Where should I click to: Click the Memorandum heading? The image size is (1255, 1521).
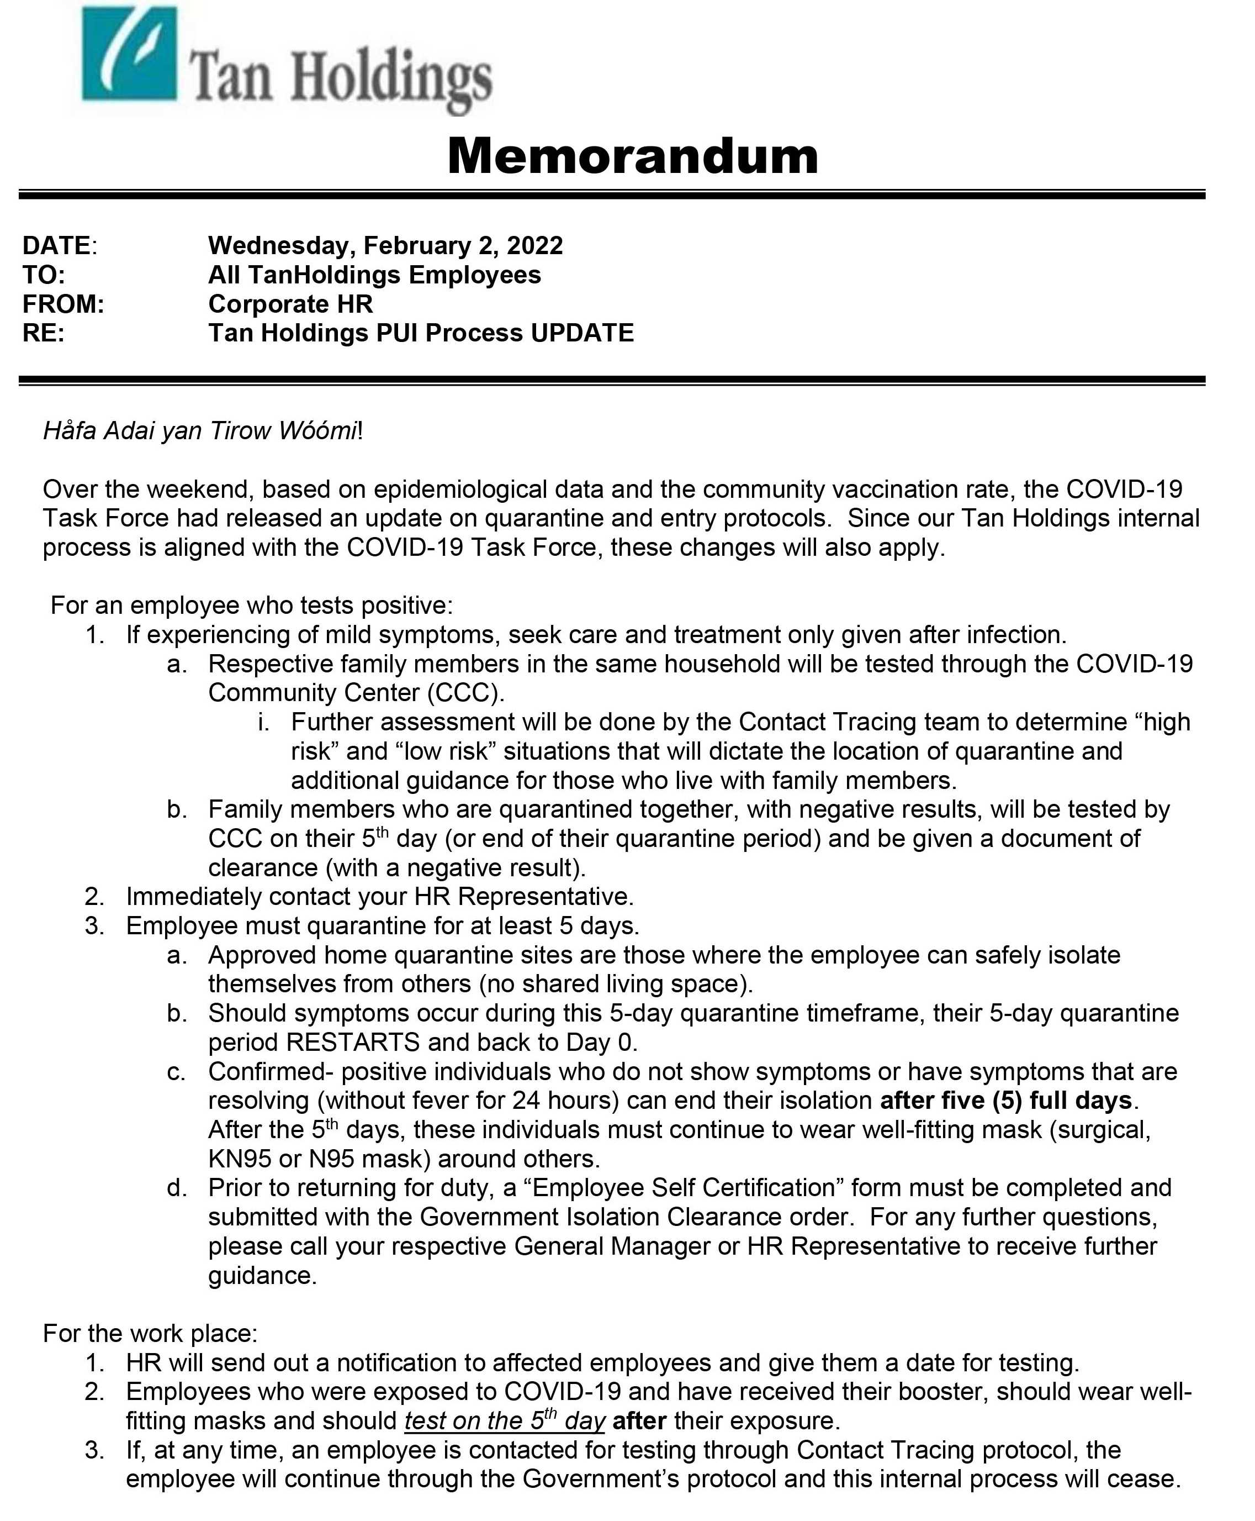[x=633, y=156]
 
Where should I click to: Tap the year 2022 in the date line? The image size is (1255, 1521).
[x=534, y=246]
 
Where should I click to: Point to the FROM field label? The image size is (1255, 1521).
[x=63, y=304]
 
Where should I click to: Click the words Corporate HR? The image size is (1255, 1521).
[x=290, y=304]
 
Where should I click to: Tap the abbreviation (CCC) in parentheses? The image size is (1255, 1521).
[x=465, y=693]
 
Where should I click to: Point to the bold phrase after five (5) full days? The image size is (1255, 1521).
[x=1005, y=1101]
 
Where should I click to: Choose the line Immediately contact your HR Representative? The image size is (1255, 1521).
[x=379, y=897]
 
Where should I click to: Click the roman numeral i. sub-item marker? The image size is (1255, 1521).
[x=264, y=722]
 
